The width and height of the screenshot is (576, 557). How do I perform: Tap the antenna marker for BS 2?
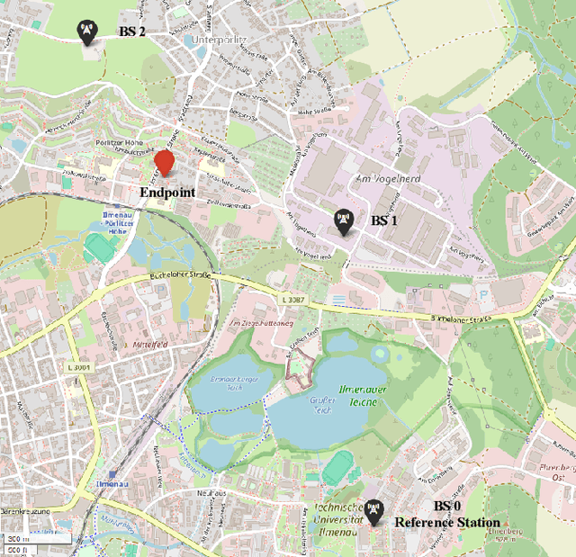pos(85,32)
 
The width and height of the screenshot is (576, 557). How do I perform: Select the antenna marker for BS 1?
pos(343,220)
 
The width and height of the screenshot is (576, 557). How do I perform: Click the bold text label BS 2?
pos(132,31)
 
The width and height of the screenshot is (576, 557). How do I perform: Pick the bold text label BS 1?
pos(384,220)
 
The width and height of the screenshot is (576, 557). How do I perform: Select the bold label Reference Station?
pos(447,523)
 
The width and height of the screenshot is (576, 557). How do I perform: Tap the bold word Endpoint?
pos(167,193)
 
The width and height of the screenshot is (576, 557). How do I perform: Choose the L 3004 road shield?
pos(79,367)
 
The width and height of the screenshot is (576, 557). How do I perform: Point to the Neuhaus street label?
pos(207,494)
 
